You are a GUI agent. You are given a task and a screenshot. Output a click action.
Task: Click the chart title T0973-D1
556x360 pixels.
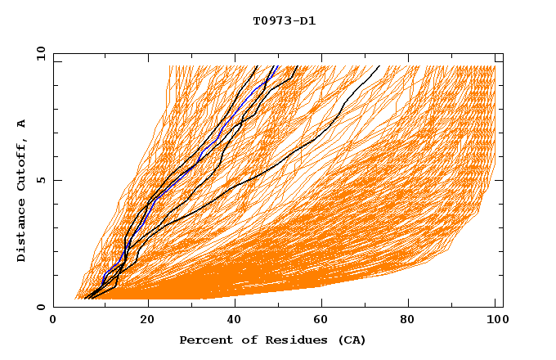tap(284, 20)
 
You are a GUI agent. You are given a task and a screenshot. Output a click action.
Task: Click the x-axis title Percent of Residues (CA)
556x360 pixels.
tap(272, 340)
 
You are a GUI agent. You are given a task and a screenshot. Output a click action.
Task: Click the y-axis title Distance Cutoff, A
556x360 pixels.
tap(21, 191)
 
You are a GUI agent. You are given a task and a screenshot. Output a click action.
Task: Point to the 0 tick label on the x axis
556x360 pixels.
tap(53, 322)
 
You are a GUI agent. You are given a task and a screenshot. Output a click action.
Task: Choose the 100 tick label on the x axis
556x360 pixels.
tap(495, 322)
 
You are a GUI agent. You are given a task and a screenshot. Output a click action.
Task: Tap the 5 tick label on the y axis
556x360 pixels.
tap(39, 180)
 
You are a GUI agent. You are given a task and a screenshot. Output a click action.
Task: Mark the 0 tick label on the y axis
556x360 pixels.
tap(39, 308)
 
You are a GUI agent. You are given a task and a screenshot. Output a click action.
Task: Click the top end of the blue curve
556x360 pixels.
tap(278, 66)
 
